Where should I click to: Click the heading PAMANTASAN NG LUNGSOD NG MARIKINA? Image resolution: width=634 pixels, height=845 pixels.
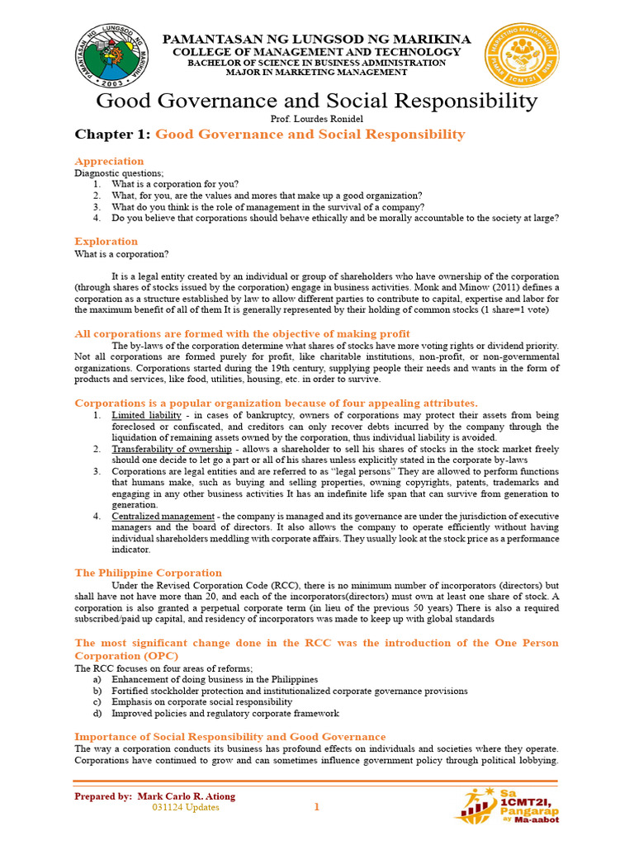click(316, 40)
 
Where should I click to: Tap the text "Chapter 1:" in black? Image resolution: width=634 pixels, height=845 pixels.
click(112, 135)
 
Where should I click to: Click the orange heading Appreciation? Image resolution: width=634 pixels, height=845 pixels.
click(109, 161)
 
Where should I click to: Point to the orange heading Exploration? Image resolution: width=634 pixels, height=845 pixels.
click(106, 241)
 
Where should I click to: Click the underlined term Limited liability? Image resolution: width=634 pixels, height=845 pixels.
click(144, 415)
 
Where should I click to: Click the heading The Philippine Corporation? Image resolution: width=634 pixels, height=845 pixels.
click(148, 573)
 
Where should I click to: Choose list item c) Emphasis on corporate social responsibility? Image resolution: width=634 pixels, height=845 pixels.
click(201, 701)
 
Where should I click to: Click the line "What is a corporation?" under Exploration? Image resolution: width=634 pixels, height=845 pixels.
click(122, 254)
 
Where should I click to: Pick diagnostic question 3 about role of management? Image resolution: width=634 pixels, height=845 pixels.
click(267, 207)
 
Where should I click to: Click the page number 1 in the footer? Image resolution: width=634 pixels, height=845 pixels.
click(316, 808)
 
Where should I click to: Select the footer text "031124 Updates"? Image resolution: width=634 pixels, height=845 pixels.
click(186, 808)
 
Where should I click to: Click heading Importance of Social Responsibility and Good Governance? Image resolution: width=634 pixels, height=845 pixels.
click(229, 736)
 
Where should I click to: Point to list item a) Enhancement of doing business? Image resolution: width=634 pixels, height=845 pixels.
click(215, 679)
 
